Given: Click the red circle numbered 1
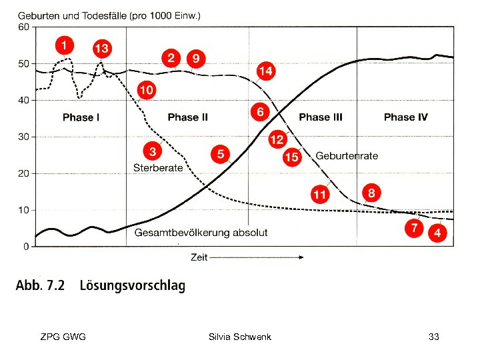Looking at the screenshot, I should pos(64,45).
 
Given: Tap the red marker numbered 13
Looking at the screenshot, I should pos(101,49).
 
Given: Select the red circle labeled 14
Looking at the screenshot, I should pos(265,71).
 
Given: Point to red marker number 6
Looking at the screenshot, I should pos(261,112).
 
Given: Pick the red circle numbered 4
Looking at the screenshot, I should pos(437,233).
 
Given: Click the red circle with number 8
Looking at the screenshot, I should pos(371,193).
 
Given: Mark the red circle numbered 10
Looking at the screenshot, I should pos(147,89).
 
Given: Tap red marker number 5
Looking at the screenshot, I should pos(221,154).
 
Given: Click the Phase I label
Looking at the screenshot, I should pos(81,117).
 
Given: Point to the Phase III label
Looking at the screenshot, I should pos(321,117).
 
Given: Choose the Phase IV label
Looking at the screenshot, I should pos(405,117).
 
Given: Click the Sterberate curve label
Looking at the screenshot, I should pos(158,168).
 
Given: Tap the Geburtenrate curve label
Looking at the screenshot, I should pos(347,156).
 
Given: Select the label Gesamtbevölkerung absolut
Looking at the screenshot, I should pos(201,233).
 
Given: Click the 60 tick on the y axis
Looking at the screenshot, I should pos(23,27).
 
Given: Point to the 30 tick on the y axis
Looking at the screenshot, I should pos(23,137).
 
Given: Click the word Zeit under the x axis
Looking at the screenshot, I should pos(199,257).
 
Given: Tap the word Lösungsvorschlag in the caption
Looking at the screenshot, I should pos(132,286).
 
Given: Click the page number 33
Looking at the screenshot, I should pos(434,337).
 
